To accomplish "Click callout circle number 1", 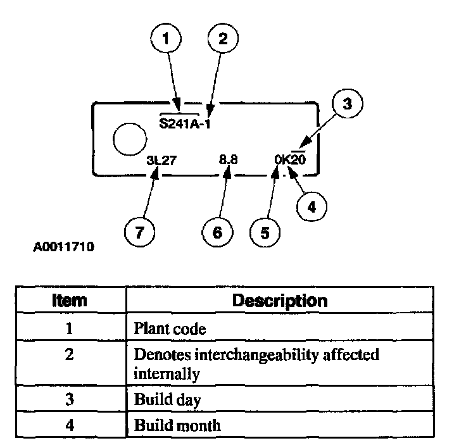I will [x=167, y=39].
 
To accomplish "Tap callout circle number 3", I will [x=346, y=104].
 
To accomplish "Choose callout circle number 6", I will [x=218, y=232].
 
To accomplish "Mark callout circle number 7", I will [x=140, y=232].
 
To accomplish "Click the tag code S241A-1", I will [x=185, y=123].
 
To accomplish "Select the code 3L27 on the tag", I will [x=161, y=161].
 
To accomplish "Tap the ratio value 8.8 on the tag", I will [x=228, y=161].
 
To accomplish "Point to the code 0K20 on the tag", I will [x=290, y=161].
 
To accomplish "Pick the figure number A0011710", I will [x=63, y=247].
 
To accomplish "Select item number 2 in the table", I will [x=69, y=355].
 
